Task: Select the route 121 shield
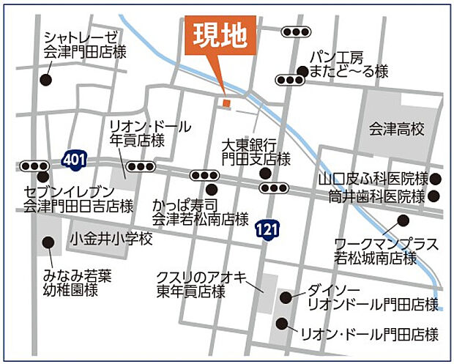pyautogui.click(x=267, y=231)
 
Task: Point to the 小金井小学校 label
pyautogui.click(x=111, y=239)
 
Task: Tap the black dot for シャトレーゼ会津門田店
pyautogui.click(x=47, y=81)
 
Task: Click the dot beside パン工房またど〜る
pyautogui.click(x=302, y=71)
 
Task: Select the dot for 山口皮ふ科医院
pyautogui.click(x=436, y=179)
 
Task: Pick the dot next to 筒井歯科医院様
pyautogui.click(x=434, y=196)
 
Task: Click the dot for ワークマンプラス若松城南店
pyautogui.click(x=402, y=220)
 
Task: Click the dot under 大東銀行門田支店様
pyautogui.click(x=264, y=174)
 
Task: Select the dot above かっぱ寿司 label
pyautogui.click(x=211, y=189)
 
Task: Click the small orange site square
pyautogui.click(x=226, y=103)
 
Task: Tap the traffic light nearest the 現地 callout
pyautogui.click(x=296, y=31)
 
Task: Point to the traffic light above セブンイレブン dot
pyautogui.click(x=34, y=166)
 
